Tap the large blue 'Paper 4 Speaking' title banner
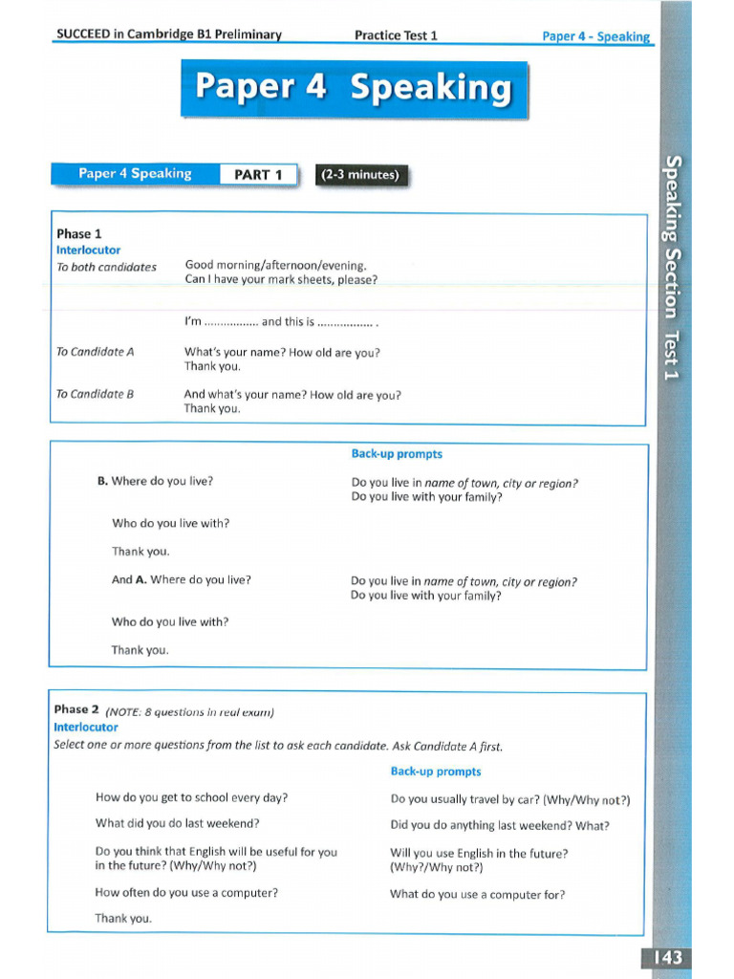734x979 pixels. coord(354,88)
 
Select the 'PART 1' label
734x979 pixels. coord(258,175)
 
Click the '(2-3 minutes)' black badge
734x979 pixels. coord(360,175)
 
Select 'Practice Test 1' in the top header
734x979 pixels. coord(396,35)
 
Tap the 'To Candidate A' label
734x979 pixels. coord(95,352)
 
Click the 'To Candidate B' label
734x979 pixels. coord(95,394)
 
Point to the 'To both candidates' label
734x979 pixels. coord(106,267)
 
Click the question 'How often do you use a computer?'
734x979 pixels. coord(186,893)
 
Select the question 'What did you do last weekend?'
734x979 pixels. coord(177,823)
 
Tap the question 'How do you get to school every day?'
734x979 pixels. coord(191,797)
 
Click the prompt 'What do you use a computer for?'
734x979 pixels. coord(477,895)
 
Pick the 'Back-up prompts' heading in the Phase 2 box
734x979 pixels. coord(436,772)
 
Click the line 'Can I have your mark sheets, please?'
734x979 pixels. coord(281,280)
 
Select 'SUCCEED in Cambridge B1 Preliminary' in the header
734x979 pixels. coord(169,35)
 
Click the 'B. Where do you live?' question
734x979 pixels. coord(155,481)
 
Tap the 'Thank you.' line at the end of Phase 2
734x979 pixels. coord(123,919)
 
